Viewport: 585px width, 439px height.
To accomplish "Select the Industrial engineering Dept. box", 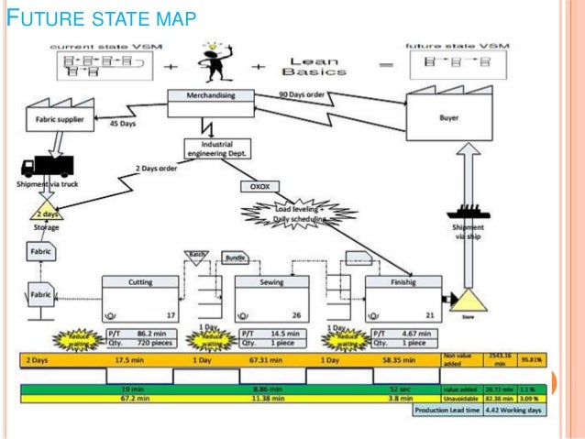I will [x=217, y=148].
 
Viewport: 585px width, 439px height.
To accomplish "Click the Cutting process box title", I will [x=139, y=283].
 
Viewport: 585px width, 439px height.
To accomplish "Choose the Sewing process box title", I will [x=271, y=283].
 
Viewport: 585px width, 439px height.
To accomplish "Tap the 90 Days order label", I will [x=305, y=94].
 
